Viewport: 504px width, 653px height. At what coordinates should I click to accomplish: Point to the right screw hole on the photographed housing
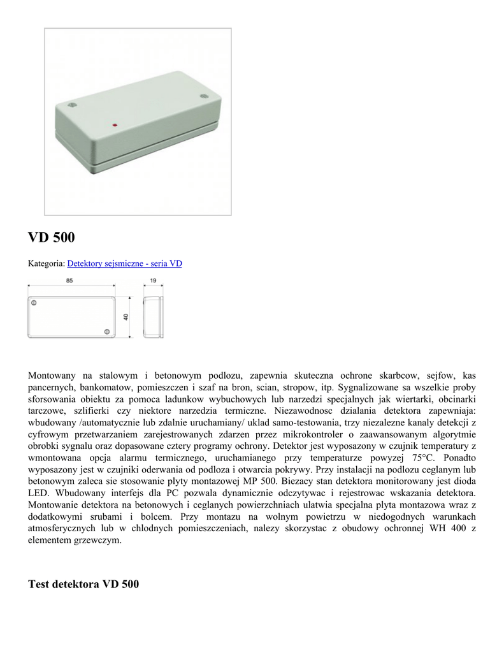pos(205,96)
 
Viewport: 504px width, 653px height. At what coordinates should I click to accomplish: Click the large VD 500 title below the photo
pos(52,238)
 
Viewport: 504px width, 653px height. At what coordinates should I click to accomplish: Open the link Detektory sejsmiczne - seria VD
pos(124,263)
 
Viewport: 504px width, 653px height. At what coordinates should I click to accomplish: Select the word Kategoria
pos(46,263)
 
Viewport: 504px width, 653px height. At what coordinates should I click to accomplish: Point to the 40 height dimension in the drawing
pos(126,317)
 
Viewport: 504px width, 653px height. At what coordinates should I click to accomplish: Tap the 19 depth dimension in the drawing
pos(153,281)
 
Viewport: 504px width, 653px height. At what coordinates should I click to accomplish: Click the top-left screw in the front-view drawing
pos(34,304)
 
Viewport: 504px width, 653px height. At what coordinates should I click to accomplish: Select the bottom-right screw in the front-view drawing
pos(106,332)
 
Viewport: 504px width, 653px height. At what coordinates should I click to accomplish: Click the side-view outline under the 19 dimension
pos(153,317)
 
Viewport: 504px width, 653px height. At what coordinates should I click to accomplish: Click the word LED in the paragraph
pos(40,493)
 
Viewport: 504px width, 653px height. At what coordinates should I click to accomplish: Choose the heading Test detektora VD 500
pos(83,583)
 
